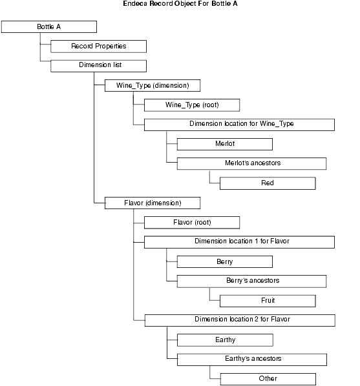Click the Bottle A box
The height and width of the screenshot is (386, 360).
[x=49, y=27]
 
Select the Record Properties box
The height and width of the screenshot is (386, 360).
[x=99, y=46]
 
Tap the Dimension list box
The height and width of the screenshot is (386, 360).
[x=99, y=66]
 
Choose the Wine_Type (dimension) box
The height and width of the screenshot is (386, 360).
[x=153, y=85]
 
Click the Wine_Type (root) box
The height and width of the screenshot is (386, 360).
[x=192, y=105]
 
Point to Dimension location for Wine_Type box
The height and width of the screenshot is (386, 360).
[x=239, y=125]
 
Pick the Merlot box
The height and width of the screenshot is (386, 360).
[x=225, y=144]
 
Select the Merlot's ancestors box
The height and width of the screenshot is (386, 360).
[x=252, y=164]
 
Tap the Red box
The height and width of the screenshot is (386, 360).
[x=268, y=183]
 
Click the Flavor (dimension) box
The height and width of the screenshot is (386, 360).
[x=153, y=203]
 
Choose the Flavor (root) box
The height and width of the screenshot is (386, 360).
[x=192, y=223]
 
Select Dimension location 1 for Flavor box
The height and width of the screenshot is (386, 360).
[x=239, y=242]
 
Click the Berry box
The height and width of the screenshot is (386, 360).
[x=225, y=261]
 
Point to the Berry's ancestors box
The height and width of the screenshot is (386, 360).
[x=252, y=281]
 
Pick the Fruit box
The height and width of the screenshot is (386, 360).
[x=268, y=301]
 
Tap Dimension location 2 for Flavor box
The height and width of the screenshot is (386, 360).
[x=240, y=321]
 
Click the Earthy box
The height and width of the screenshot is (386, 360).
[x=225, y=340]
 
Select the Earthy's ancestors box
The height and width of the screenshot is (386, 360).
[x=252, y=360]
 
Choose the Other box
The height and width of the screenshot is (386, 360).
[x=268, y=379]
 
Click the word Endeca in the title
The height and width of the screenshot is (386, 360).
[x=135, y=4]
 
